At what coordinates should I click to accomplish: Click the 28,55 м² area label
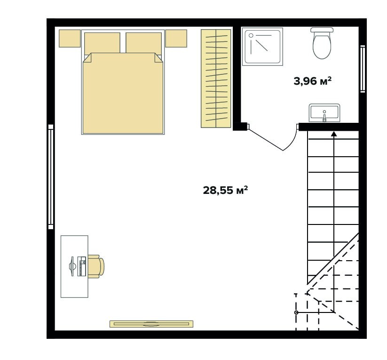tap(225, 191)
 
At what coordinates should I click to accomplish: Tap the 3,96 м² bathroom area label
tap(312, 81)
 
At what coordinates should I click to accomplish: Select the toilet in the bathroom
tap(322, 43)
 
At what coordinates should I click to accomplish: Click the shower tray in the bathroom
tap(262, 47)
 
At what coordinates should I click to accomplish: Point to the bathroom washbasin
tap(324, 112)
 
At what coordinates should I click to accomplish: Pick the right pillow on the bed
tap(143, 43)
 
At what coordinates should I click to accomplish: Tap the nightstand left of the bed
tap(70, 39)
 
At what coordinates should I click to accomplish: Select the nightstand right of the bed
tap(176, 39)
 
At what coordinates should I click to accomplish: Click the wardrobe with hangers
tap(216, 79)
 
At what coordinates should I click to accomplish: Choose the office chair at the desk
tap(96, 266)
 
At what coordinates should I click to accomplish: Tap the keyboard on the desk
tap(82, 266)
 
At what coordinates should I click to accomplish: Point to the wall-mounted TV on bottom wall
tap(151, 324)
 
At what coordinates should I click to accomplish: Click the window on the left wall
tap(51, 177)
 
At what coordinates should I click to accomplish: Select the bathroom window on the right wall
tap(363, 69)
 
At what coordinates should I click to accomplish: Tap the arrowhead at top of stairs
tap(334, 134)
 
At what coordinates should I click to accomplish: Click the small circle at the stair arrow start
tap(296, 312)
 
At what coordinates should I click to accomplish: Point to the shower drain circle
tap(251, 36)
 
